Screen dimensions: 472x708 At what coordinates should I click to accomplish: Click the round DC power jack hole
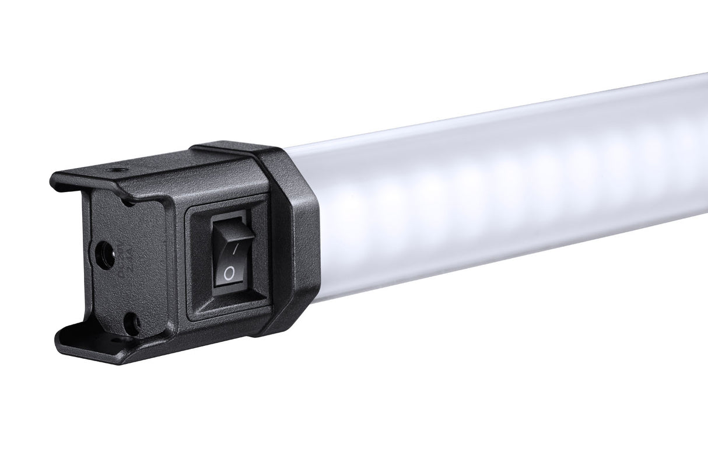coord(104,256)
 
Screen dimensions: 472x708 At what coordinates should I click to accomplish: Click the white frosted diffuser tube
coord(496,193)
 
